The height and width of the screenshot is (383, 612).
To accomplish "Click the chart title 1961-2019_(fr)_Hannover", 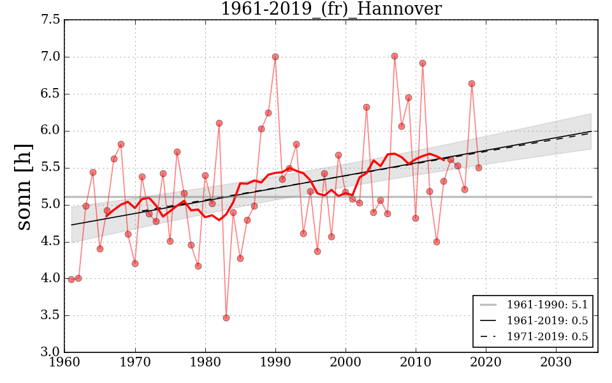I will (x=331, y=10).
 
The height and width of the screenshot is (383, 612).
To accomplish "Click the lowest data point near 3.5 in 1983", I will (x=226, y=318).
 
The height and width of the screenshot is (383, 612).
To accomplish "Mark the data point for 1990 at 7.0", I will (x=275, y=57).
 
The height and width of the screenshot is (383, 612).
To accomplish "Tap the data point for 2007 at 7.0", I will (x=395, y=56).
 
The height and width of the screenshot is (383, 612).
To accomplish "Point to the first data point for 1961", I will (x=71, y=280).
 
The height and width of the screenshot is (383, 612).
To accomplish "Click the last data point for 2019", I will (x=479, y=168).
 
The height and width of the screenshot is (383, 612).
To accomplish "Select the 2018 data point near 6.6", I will (x=472, y=84).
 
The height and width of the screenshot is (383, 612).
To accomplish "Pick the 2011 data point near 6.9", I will (x=423, y=63).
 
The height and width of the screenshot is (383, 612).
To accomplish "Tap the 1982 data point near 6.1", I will (x=219, y=123).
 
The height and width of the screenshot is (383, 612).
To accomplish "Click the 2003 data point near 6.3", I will (x=367, y=107).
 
